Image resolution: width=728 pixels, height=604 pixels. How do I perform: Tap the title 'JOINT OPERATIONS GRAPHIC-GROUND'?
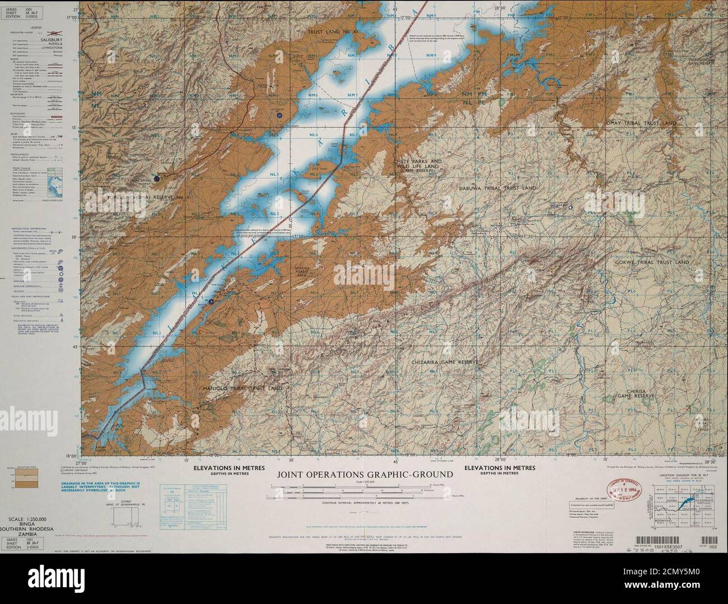click(365, 475)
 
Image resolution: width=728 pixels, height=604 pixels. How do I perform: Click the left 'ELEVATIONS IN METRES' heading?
click(222, 468)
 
